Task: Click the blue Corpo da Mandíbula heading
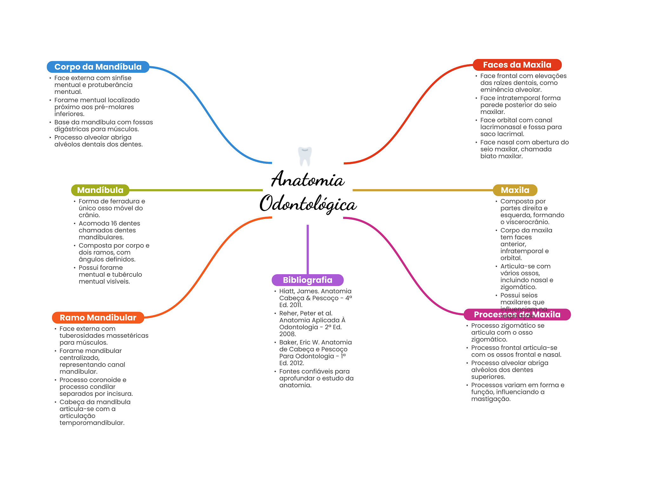click(98, 67)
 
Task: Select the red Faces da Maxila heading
click(517, 65)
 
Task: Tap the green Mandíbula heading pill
click(100, 190)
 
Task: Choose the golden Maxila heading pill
click(515, 190)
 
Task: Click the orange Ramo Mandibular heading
click(98, 318)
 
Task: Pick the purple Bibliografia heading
click(308, 280)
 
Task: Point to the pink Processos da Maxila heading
click(517, 315)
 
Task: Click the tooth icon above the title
click(305, 156)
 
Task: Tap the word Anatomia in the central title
click(308, 180)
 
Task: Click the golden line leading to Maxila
click(422, 190)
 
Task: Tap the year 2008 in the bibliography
click(287, 334)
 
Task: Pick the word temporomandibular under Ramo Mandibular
click(92, 423)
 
